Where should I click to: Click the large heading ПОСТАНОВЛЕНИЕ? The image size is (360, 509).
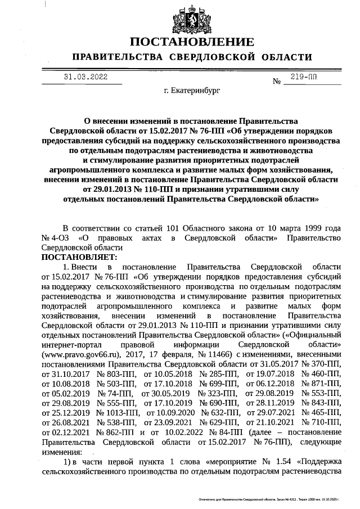(x=191, y=42)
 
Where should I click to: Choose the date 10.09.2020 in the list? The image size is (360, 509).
(x=167, y=412)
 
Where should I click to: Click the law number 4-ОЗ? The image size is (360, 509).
(x=62, y=238)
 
